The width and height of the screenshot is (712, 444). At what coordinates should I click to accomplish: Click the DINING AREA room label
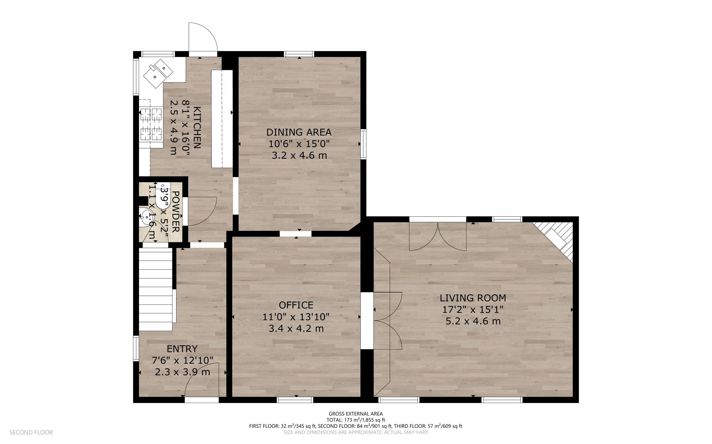pyautogui.click(x=299, y=132)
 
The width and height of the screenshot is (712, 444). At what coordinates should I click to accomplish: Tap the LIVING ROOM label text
pyautogui.click(x=473, y=298)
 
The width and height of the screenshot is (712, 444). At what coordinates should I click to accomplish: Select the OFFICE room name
pyautogui.click(x=296, y=305)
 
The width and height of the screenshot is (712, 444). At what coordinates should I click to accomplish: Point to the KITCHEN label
pyautogui.click(x=197, y=128)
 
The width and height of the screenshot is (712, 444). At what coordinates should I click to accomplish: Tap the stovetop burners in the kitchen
pyautogui.click(x=151, y=124)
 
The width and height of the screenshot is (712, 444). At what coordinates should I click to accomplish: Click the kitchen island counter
pyautogui.click(x=222, y=119)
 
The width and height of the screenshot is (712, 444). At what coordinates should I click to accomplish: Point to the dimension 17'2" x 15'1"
pyautogui.click(x=473, y=309)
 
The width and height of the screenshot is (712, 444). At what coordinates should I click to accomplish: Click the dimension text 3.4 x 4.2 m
pyautogui.click(x=296, y=328)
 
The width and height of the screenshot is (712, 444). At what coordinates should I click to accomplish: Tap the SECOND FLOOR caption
pyautogui.click(x=31, y=432)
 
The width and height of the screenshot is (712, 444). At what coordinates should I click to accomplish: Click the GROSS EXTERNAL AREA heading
pyautogui.click(x=356, y=413)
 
